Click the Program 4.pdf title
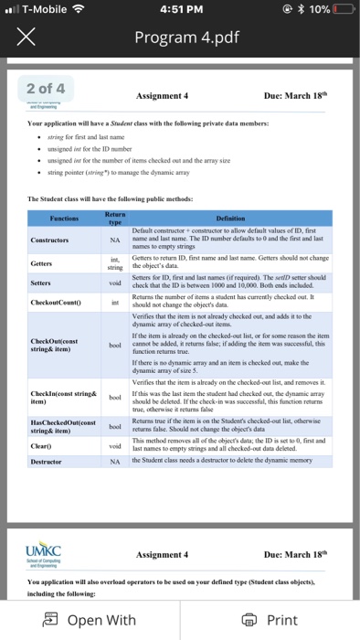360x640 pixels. pos(179,40)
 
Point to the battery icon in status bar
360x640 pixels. pos(342,10)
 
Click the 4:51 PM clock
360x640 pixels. pos(179,10)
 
